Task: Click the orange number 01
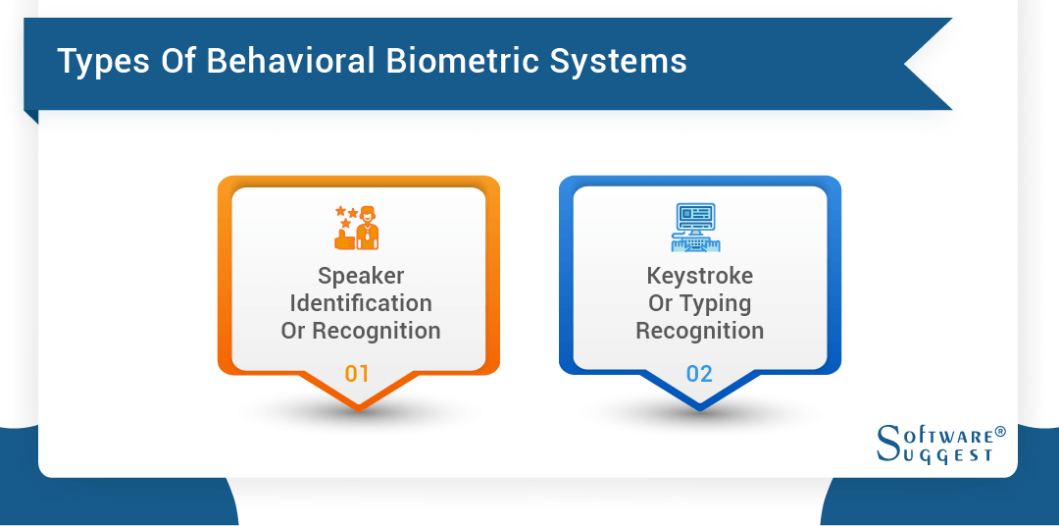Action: point(358,373)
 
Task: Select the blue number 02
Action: point(699,373)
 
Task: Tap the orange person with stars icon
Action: point(357,227)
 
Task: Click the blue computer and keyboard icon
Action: point(698,227)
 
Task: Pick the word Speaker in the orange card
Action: point(361,276)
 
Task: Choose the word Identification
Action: point(361,303)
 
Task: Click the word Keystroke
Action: point(700,276)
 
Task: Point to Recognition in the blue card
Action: point(700,331)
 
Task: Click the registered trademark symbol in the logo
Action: point(1000,433)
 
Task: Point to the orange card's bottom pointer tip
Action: point(359,406)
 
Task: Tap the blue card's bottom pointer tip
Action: point(700,406)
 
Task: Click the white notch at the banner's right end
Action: point(927,63)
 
